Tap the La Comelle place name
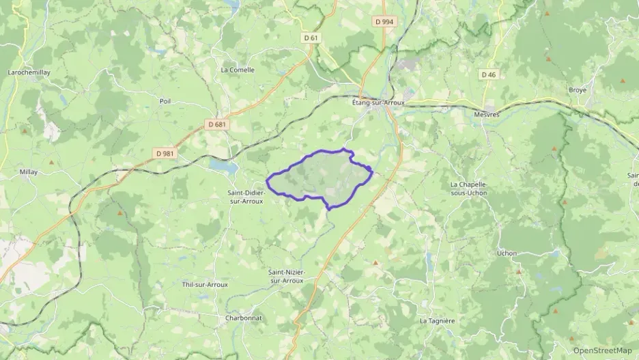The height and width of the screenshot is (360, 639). coord(238,70)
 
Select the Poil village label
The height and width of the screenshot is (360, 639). coord(165,101)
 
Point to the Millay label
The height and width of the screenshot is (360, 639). coord(29,172)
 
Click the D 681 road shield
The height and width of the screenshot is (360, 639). coord(216,125)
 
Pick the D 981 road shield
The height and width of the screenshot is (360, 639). coord(165,154)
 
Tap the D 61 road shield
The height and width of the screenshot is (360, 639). coord(311,38)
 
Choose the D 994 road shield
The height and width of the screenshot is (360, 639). coord(384,22)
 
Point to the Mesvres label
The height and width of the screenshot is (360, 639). coord(486,115)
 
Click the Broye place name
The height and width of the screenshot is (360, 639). coord(578,90)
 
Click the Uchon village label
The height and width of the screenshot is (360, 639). coord(507,253)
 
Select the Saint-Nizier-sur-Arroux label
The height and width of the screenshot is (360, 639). coord(287,277)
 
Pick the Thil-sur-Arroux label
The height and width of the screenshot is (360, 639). coord(205,284)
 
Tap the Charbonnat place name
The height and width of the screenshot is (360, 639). coord(244,318)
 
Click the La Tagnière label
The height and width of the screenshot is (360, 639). coord(437,320)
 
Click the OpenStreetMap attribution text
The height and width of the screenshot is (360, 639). coord(602,350)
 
